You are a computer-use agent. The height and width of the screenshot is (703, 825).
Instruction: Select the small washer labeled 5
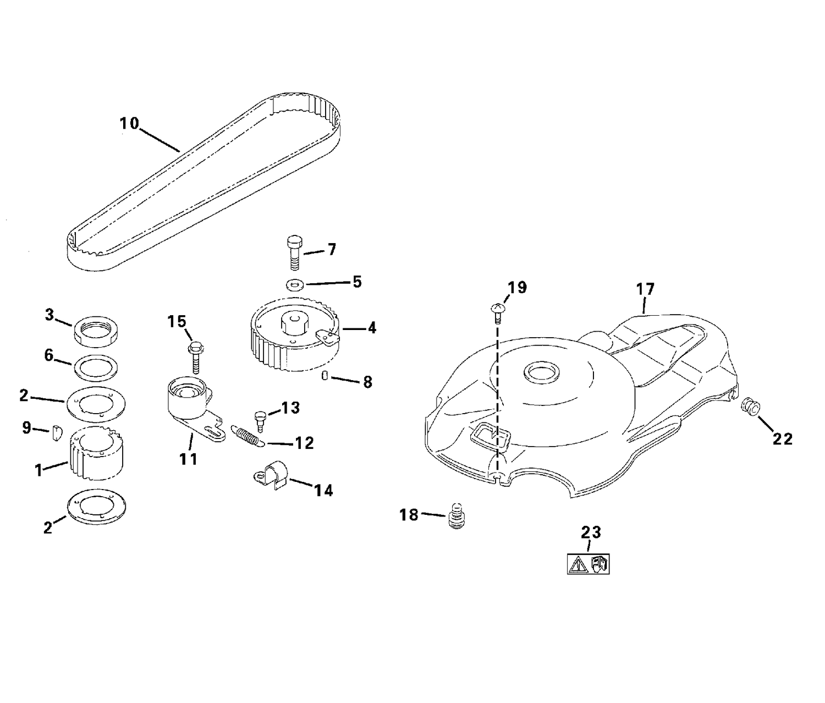[295, 284]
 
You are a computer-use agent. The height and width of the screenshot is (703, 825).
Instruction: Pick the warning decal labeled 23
[588, 564]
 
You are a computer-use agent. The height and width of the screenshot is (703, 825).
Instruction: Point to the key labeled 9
[56, 433]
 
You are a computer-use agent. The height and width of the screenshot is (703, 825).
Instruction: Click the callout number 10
[129, 124]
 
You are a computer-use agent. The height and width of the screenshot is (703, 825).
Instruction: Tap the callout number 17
[645, 289]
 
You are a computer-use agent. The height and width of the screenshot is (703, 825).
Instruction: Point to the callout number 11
[189, 459]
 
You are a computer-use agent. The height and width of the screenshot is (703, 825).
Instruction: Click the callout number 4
[372, 328]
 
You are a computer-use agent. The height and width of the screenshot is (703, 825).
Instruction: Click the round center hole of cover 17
[542, 374]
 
